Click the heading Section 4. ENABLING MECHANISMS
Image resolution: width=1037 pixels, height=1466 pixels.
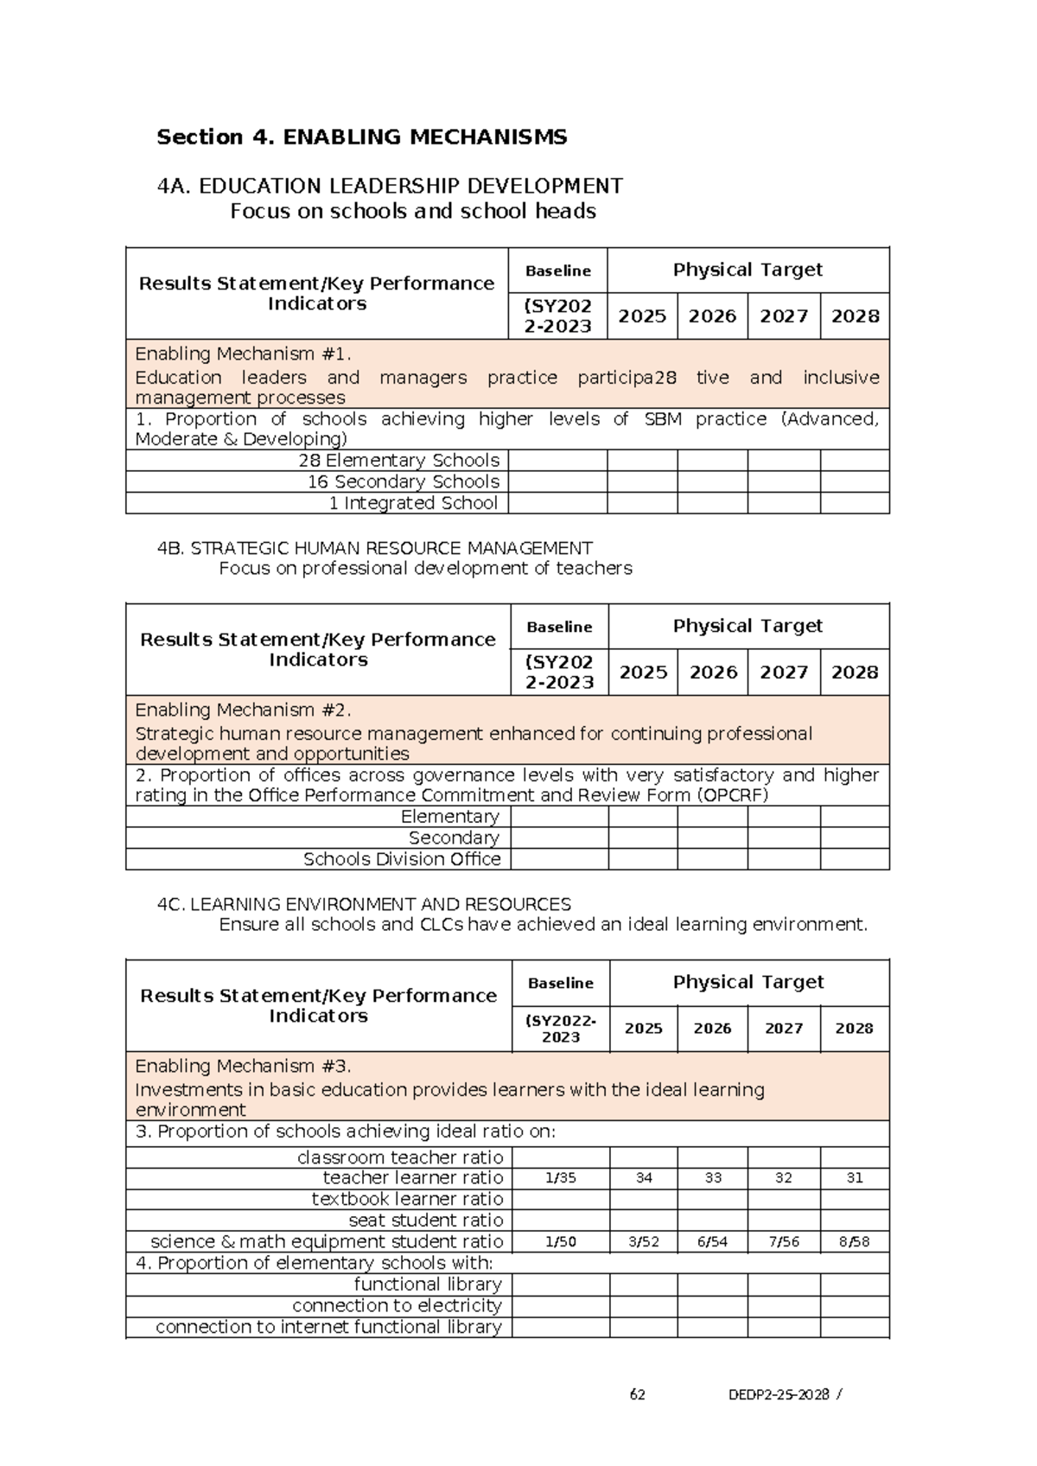[x=361, y=137]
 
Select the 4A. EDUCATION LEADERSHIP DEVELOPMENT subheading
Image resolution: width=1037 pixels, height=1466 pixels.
[x=390, y=186]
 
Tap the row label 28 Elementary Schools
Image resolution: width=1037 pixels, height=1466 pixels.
[x=398, y=461]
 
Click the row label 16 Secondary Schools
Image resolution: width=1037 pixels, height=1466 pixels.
[x=403, y=481]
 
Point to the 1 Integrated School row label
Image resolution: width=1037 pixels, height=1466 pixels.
[x=413, y=503]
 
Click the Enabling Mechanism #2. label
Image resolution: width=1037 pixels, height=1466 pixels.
[x=243, y=710]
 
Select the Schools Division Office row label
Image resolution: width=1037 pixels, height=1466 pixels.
[x=402, y=859]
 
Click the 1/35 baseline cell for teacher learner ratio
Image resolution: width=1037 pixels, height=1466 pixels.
[x=560, y=1178]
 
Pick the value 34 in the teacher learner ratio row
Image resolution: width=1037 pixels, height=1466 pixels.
[x=644, y=1178]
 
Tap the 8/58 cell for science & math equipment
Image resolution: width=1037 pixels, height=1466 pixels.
[x=854, y=1242]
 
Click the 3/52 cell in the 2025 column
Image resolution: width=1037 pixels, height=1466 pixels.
[x=644, y=1242]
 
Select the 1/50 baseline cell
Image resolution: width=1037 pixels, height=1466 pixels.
[x=560, y=1242]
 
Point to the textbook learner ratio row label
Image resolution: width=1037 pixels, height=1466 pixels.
[x=407, y=1199]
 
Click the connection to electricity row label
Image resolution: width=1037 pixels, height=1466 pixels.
[x=397, y=1305]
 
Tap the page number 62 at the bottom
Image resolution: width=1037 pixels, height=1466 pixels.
[x=638, y=1394]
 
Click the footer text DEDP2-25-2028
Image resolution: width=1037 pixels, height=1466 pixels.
[x=779, y=1394]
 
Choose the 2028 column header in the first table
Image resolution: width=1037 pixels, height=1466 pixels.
[x=855, y=316]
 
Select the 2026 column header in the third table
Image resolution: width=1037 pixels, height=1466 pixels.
[x=712, y=1029]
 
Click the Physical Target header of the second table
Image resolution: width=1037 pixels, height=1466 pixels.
[x=748, y=626]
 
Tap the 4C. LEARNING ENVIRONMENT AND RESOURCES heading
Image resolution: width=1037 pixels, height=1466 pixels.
[x=364, y=904]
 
